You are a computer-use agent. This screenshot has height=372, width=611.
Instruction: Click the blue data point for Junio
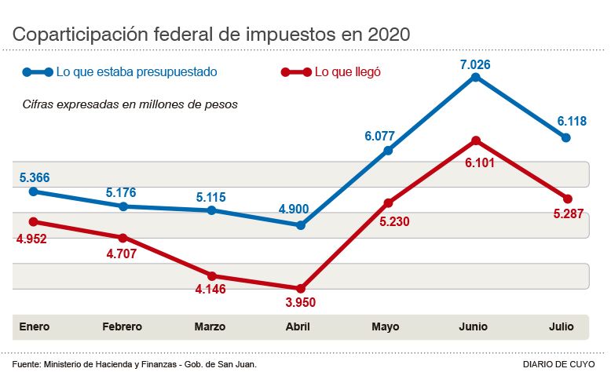(476, 77)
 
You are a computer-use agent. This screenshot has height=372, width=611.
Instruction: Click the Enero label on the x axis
(34, 326)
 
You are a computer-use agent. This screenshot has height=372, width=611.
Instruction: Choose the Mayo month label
(386, 326)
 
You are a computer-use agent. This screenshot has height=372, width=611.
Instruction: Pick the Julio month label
(562, 326)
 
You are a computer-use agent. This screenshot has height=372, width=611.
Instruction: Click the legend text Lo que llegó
(347, 72)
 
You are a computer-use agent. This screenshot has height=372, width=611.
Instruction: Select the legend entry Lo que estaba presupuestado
(136, 72)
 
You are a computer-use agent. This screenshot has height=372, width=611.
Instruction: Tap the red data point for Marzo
(212, 275)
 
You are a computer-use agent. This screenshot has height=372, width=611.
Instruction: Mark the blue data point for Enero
(33, 191)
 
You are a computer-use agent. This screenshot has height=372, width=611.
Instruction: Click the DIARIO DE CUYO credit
(561, 364)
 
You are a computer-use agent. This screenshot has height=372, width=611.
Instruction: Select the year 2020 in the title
(382, 35)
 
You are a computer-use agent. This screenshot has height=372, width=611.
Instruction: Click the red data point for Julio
(568, 198)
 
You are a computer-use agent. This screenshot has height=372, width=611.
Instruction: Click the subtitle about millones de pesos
(130, 103)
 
